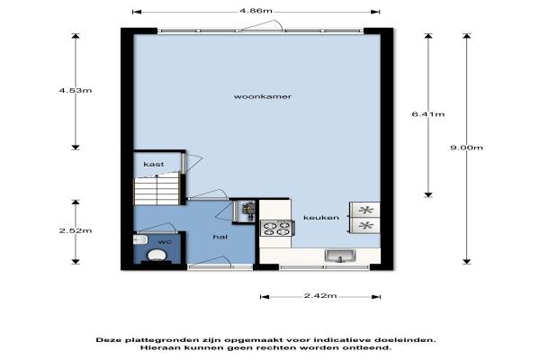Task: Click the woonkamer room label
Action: (263, 97)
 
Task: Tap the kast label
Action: (154, 165)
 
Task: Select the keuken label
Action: (321, 218)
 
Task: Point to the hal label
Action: (220, 237)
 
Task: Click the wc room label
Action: (165, 242)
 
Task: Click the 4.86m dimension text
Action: (256, 11)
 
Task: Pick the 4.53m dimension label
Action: (76, 91)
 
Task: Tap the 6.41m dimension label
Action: (428, 114)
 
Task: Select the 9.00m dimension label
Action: (466, 148)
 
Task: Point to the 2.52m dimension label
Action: (76, 230)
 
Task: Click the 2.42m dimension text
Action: (320, 296)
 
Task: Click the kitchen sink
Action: (340, 256)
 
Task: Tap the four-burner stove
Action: (276, 229)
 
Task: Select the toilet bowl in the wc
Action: (157, 256)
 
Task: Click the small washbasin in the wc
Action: (140, 239)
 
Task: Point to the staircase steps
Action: (157, 189)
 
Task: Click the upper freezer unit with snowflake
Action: (365, 210)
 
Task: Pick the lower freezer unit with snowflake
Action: (365, 226)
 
